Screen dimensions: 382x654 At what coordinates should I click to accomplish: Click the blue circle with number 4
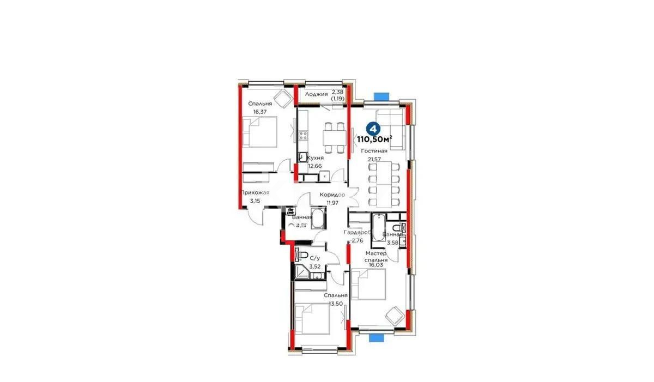(373, 129)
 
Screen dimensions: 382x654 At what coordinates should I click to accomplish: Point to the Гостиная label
(374, 151)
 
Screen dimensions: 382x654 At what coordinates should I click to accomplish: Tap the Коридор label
(332, 195)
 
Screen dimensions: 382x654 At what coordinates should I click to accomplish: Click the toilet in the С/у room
(299, 254)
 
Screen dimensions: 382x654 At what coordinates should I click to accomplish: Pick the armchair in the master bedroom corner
(393, 315)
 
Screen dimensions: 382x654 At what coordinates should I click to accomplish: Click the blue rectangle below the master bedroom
(376, 338)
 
